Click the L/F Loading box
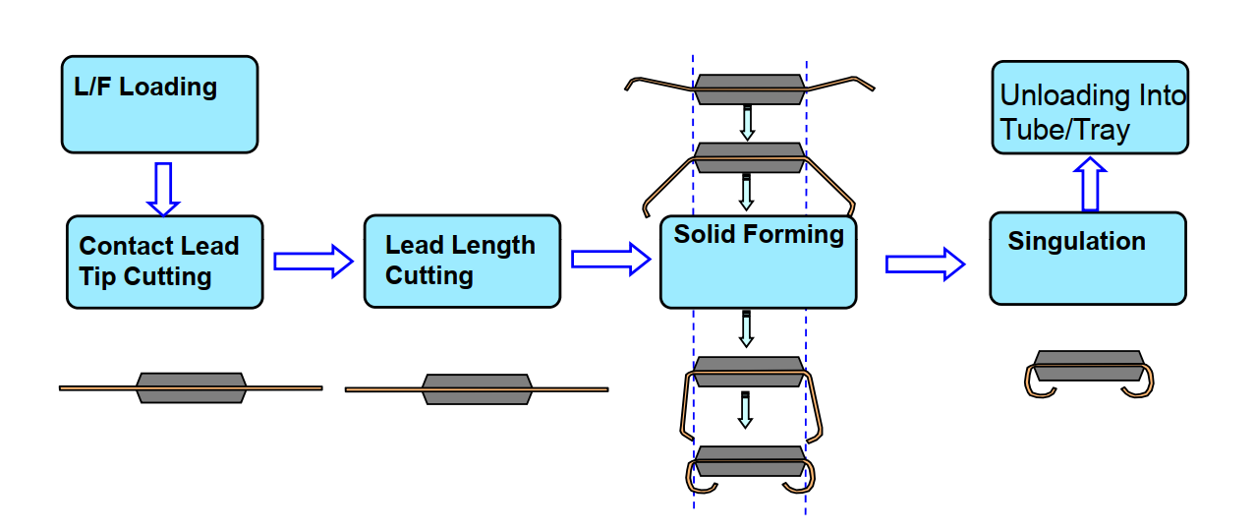pyautogui.click(x=159, y=104)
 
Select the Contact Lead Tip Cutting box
pyautogui.click(x=164, y=262)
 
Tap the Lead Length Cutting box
pyautogui.click(x=462, y=261)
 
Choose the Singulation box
pyautogui.click(x=1087, y=258)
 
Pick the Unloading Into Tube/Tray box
pyautogui.click(x=1089, y=107)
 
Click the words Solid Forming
pyautogui.click(x=758, y=235)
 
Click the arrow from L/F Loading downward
pyautogui.click(x=163, y=188)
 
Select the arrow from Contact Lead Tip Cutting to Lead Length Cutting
pyautogui.click(x=313, y=261)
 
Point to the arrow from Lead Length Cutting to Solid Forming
pyautogui.click(x=610, y=260)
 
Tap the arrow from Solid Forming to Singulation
pyautogui.click(x=925, y=264)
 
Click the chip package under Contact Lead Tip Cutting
pyautogui.click(x=191, y=387)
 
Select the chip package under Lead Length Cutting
pyautogui.click(x=477, y=388)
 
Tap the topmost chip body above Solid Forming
pyautogui.click(x=749, y=89)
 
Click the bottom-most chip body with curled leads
pyautogui.click(x=749, y=462)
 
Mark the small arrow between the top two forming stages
pyautogui.click(x=747, y=123)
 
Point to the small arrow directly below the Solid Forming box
pyautogui.click(x=746, y=328)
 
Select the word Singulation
pyautogui.click(x=1076, y=241)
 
